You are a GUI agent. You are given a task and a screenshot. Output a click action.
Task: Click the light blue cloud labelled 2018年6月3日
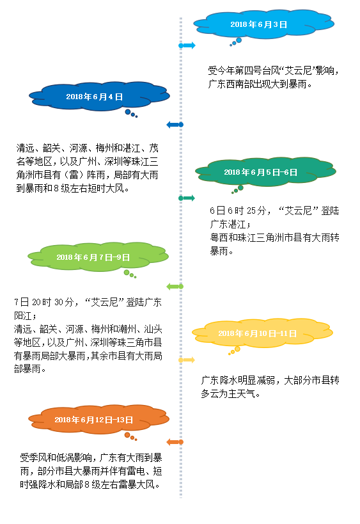pyautogui.click(x=263, y=24)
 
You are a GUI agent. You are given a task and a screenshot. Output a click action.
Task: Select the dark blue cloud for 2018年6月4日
pyautogui.click(x=99, y=96)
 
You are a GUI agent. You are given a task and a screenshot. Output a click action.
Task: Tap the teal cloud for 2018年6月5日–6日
pyautogui.click(x=265, y=171)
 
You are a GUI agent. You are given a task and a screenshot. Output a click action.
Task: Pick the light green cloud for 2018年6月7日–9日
pyautogui.click(x=98, y=257)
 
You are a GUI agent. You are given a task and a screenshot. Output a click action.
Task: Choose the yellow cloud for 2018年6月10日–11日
pyautogui.click(x=262, y=333)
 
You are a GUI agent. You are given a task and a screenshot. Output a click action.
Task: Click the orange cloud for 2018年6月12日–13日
pyautogui.click(x=98, y=420)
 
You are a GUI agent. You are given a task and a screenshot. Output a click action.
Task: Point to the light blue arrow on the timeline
pyautogui.click(x=187, y=45)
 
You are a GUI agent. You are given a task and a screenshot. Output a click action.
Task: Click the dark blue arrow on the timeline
pyautogui.click(x=175, y=125)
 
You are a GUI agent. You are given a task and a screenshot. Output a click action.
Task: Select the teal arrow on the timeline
pyautogui.click(x=187, y=198)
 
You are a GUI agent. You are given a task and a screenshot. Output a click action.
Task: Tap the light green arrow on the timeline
pyautogui.click(x=175, y=287)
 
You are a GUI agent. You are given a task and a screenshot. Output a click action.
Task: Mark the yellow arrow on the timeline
pyautogui.click(x=187, y=360)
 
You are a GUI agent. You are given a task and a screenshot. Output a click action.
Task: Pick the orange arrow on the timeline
pyautogui.click(x=175, y=442)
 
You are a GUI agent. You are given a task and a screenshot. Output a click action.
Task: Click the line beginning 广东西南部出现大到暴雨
pyautogui.click(x=260, y=84)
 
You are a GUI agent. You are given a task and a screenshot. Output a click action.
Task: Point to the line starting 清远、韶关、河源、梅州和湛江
pyautogui.click(x=87, y=148)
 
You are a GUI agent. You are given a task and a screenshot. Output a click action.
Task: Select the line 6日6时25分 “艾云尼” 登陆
pyautogui.click(x=274, y=210)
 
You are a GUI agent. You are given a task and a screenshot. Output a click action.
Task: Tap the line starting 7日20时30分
pyautogui.click(x=88, y=302)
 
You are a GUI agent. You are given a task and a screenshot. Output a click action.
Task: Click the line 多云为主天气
pyautogui.click(x=230, y=393)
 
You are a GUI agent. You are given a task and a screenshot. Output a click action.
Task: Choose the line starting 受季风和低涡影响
pyautogui.click(x=91, y=457)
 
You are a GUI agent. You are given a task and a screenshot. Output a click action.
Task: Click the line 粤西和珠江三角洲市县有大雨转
pyautogui.click(x=274, y=237)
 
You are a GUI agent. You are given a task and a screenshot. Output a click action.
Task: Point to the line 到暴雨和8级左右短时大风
pyautogui.click(x=73, y=188)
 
